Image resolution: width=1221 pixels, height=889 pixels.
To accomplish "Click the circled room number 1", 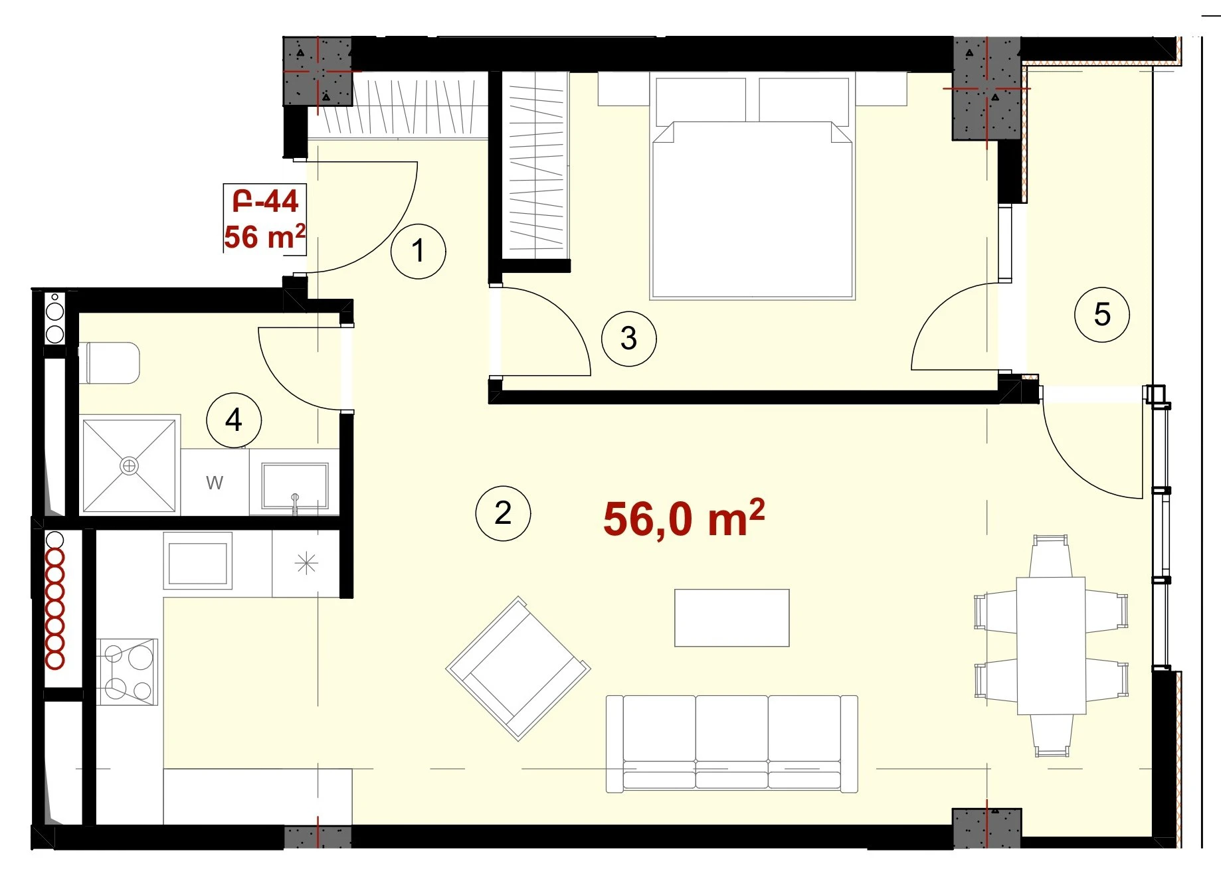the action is [x=418, y=251].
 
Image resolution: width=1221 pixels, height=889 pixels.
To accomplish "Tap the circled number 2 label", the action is [x=503, y=513].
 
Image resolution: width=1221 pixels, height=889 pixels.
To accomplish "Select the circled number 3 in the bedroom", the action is [x=628, y=339].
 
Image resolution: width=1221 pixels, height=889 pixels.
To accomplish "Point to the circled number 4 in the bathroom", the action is [x=234, y=420].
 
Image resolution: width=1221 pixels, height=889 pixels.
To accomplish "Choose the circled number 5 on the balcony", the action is [x=1102, y=315].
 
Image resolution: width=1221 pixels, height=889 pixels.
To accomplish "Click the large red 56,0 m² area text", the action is [x=684, y=519].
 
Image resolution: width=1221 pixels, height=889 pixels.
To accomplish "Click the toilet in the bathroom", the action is [x=110, y=363].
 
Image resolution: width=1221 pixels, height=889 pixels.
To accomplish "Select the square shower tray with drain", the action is [x=130, y=465].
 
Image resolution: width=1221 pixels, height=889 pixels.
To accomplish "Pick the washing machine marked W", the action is [x=215, y=482].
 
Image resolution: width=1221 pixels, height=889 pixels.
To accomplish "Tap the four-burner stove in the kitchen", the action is [x=127, y=671].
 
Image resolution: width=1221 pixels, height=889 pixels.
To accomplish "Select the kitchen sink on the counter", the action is [x=197, y=562].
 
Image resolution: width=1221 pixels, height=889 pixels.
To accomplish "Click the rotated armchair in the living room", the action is [x=518, y=669].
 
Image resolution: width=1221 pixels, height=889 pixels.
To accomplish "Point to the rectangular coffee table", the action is [x=732, y=617].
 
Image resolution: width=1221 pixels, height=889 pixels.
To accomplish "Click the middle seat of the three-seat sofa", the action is [x=732, y=742].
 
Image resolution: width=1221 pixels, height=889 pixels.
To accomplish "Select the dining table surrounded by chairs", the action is [x=1051, y=645].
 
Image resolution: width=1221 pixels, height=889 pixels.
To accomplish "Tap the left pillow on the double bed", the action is [x=701, y=101].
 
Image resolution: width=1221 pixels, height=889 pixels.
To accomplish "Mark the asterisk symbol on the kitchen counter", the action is [x=306, y=564].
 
